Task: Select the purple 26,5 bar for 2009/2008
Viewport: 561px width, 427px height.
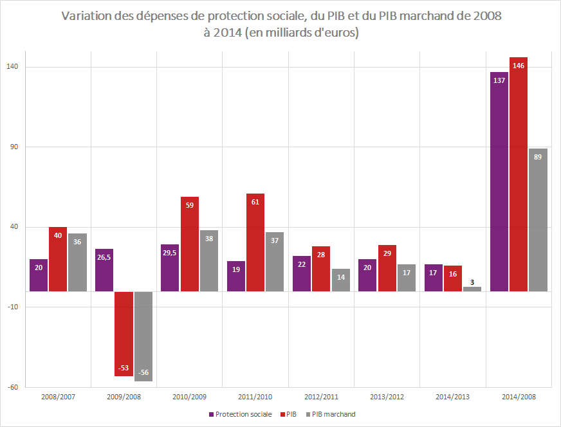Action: [x=104, y=270]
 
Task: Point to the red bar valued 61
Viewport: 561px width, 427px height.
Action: [x=255, y=242]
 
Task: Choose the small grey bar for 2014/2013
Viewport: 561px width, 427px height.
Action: [x=472, y=289]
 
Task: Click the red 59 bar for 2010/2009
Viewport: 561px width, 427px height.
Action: [x=190, y=244]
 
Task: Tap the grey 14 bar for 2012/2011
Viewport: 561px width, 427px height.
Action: [x=341, y=280]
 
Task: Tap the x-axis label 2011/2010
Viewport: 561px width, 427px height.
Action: [x=255, y=397]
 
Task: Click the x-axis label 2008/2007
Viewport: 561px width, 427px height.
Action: [x=58, y=397]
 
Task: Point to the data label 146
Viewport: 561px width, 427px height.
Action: [x=519, y=66]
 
